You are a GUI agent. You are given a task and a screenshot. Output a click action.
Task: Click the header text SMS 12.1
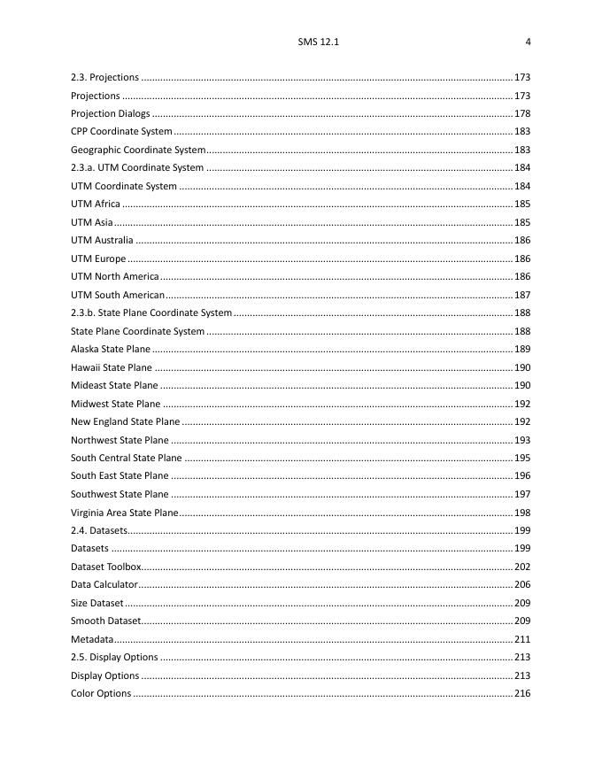[x=319, y=42]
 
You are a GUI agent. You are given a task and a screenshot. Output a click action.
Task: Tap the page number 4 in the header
[x=528, y=42]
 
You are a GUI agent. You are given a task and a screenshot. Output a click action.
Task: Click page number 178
[x=522, y=113]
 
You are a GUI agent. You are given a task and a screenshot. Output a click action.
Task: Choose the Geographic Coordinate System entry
[x=138, y=150]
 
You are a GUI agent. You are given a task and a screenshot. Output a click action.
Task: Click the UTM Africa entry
[x=96, y=204]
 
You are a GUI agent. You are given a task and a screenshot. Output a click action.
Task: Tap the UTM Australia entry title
[x=102, y=240]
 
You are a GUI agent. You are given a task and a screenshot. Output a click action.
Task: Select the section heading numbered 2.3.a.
[x=137, y=167]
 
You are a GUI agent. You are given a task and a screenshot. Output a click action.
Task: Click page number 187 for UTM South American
[x=522, y=295]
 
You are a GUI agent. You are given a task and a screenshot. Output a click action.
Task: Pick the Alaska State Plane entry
[x=111, y=349]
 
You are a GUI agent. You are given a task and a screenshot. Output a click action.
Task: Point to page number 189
[x=522, y=349]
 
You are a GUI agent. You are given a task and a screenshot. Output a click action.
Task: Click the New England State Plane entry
[x=125, y=421]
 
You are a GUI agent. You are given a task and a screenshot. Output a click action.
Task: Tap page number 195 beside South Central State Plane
[x=522, y=458]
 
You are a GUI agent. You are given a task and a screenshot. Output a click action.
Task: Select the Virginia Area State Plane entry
[x=124, y=513]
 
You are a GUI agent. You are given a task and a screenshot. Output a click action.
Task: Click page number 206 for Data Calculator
[x=522, y=584]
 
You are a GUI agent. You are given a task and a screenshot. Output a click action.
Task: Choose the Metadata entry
[x=92, y=639]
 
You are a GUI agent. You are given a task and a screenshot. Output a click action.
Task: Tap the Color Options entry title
[x=101, y=693]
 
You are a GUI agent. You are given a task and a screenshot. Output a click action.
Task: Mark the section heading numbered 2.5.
[x=114, y=657]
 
